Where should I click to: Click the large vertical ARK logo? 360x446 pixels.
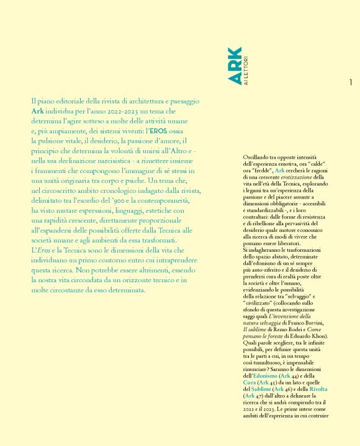click(232, 63)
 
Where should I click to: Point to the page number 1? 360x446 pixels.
click(351, 83)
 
